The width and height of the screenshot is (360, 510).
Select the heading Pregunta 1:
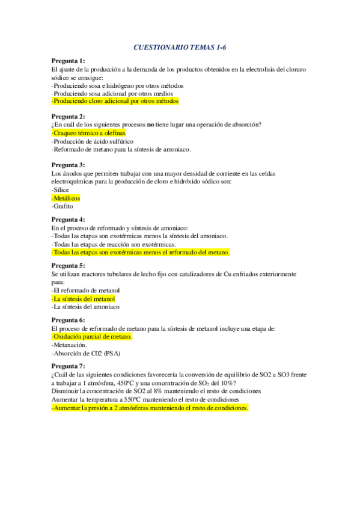(68, 61)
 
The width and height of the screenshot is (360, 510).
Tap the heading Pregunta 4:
(68, 220)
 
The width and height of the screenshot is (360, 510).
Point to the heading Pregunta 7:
(68, 366)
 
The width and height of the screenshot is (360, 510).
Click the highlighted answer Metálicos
(66, 198)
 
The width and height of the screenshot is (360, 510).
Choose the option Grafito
(64, 206)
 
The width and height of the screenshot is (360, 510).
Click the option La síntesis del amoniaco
(85, 307)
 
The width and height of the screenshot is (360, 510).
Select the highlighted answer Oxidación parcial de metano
(91, 337)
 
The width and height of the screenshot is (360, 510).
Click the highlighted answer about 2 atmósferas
(150, 408)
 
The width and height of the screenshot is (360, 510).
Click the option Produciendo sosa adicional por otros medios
(113, 93)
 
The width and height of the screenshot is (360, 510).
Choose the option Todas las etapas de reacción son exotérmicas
(114, 245)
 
